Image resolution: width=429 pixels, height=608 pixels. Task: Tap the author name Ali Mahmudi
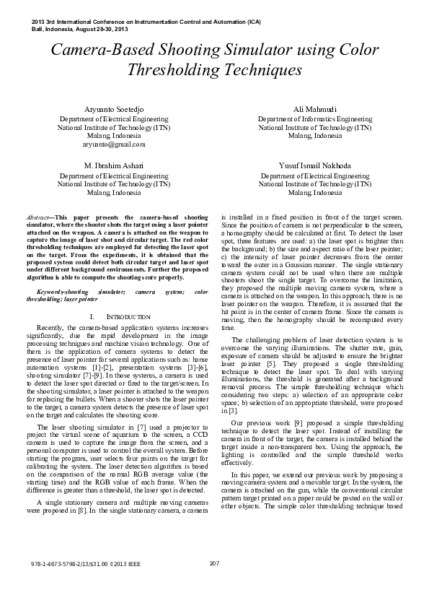pyautogui.click(x=315, y=108)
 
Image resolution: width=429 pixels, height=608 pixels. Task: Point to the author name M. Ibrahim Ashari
pyautogui.click(x=113, y=165)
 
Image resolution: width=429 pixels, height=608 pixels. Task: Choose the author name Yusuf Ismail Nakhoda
pyautogui.click(x=315, y=165)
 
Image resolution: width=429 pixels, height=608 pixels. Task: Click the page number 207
pyautogui.click(x=214, y=583)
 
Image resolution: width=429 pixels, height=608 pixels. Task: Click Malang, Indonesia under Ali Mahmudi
pyautogui.click(x=315, y=136)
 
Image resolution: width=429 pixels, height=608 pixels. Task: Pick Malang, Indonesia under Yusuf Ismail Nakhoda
pyautogui.click(x=315, y=193)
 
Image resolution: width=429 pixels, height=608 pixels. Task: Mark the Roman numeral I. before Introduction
pyautogui.click(x=94, y=317)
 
